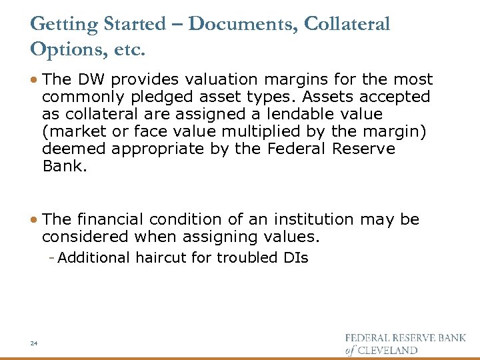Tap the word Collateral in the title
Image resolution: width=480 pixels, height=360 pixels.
[347, 25]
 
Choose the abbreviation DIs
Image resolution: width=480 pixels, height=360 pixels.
[293, 257]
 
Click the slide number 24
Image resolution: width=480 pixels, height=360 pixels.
[33, 343]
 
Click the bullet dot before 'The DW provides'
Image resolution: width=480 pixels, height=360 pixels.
[34, 80]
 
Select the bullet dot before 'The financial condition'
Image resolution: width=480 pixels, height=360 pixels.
[34, 220]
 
